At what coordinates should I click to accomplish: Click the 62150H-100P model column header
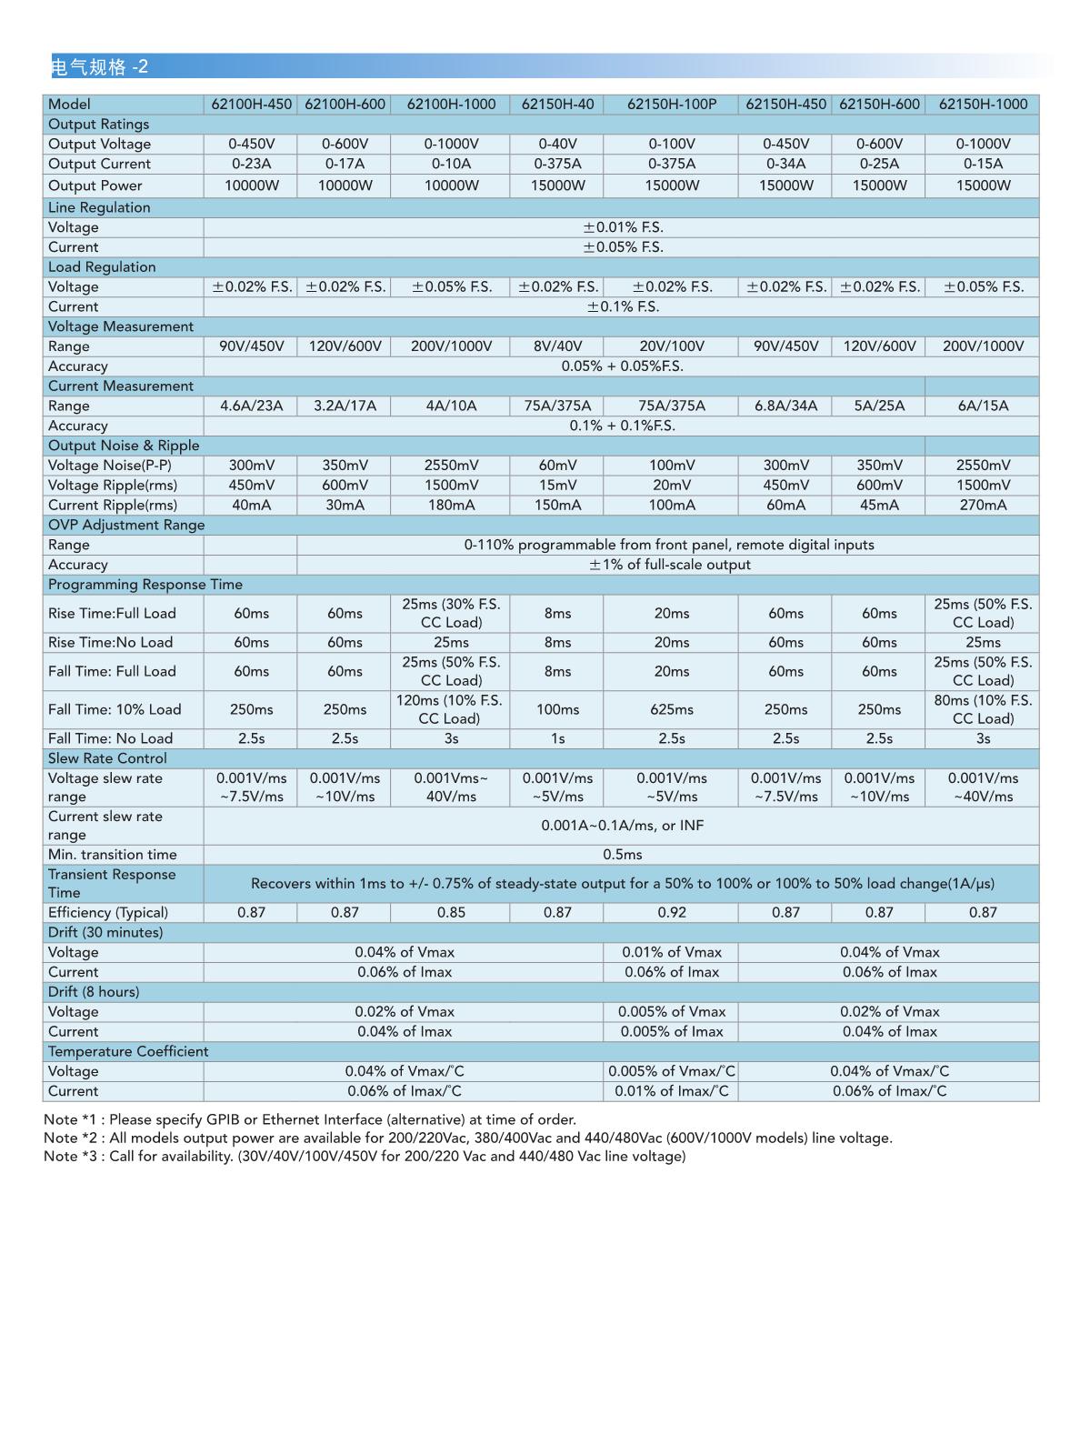(671, 105)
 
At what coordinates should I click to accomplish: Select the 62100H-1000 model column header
(451, 105)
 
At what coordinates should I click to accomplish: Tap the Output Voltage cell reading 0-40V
(557, 144)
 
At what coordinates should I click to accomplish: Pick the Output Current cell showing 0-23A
(251, 164)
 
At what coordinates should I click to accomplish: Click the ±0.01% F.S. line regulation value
(623, 227)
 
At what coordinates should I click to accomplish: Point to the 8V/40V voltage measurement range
(557, 346)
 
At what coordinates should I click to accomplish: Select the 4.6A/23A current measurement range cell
(251, 406)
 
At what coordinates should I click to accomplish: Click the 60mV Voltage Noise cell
(557, 466)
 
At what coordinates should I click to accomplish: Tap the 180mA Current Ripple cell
(451, 505)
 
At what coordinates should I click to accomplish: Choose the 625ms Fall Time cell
(671, 709)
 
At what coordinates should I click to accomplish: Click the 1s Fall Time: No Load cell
(557, 738)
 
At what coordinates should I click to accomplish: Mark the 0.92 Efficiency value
(671, 912)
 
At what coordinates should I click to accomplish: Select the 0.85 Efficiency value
(451, 912)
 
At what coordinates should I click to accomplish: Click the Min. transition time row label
(113, 855)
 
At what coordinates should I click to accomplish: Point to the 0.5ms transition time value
(623, 855)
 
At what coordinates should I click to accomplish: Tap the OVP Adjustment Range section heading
(126, 525)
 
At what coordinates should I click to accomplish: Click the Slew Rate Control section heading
(107, 758)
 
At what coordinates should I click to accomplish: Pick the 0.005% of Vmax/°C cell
(671, 1071)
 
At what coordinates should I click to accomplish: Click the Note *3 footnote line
(365, 1157)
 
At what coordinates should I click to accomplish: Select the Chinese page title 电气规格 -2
(99, 66)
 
